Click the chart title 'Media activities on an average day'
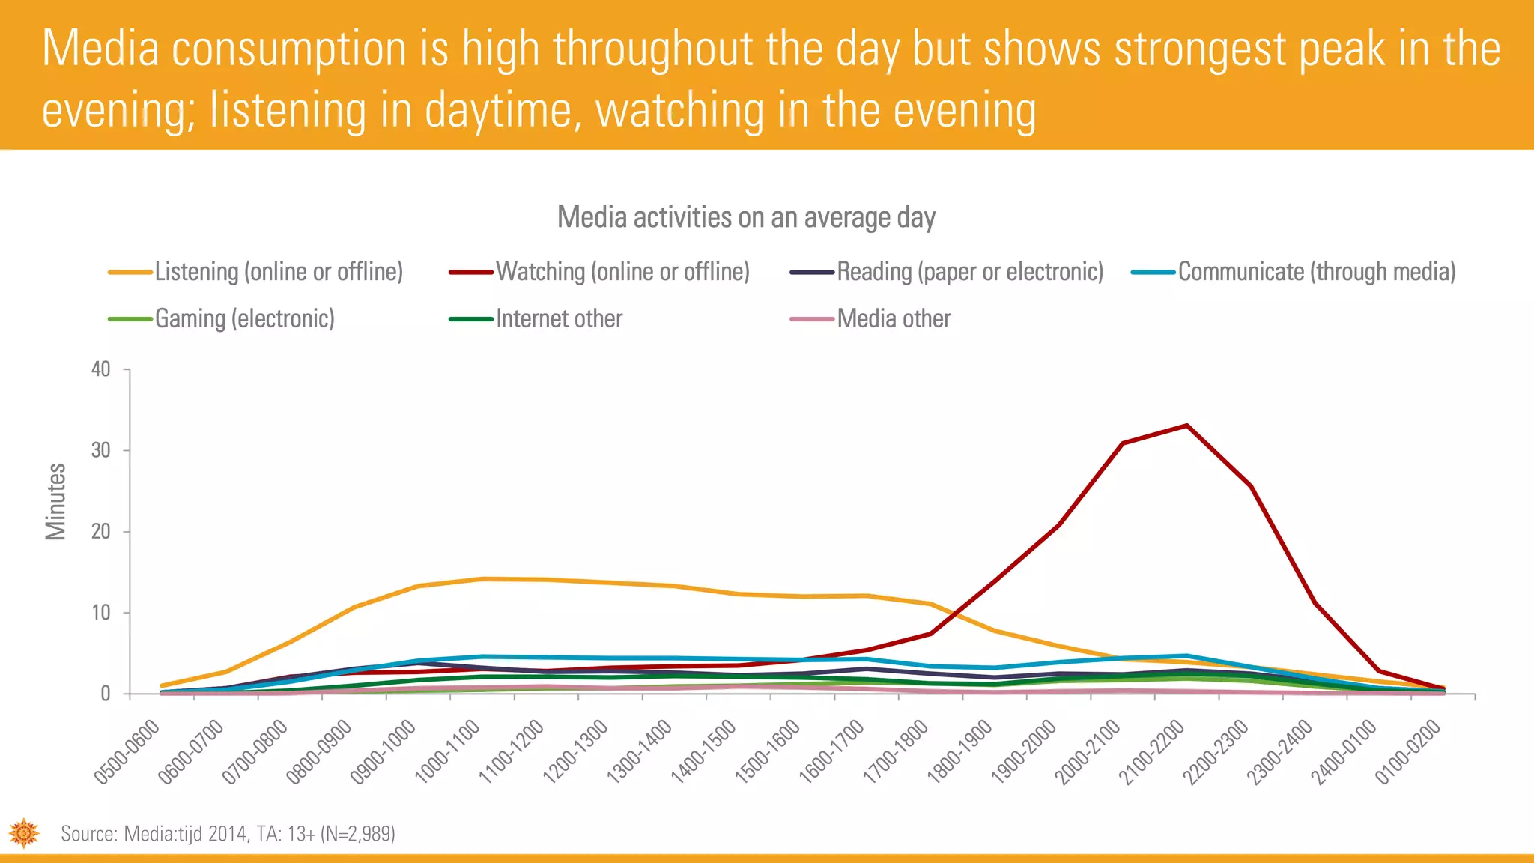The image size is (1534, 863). tap(746, 217)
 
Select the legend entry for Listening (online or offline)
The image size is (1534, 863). tap(278, 272)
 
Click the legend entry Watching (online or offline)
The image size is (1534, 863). tap(622, 272)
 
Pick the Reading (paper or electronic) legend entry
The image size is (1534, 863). tap(969, 272)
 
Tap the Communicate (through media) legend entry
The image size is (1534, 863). tap(1316, 272)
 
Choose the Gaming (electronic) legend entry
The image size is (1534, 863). tap(244, 319)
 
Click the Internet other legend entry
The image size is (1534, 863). tap(559, 319)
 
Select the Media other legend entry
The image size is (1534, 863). tap(893, 319)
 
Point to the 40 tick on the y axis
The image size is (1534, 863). tap(100, 369)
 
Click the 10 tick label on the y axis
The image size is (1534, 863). tap(100, 613)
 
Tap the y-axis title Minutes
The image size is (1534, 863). tap(56, 501)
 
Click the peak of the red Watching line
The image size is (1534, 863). tap(1186, 426)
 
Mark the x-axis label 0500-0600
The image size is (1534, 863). tap(127, 751)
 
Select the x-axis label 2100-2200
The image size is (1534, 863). tap(1152, 751)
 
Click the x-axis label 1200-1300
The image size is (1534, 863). tap(575, 751)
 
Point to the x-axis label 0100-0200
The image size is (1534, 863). tap(1408, 751)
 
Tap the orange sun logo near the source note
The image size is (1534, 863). tap(24, 833)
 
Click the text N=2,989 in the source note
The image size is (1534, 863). tap(357, 834)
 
